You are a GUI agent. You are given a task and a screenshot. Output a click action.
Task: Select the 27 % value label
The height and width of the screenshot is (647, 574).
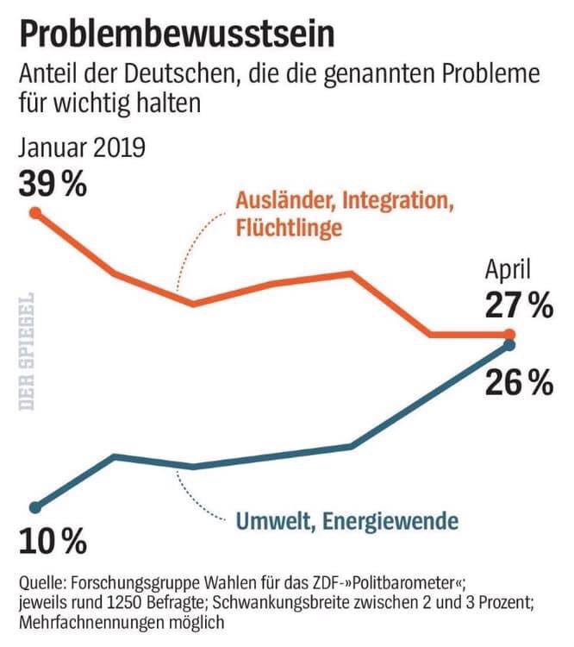coord(517,305)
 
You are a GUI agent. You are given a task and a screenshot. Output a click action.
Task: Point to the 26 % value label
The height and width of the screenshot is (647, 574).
coord(517,382)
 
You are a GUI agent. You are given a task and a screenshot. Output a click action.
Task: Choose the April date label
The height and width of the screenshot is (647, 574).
coord(508,271)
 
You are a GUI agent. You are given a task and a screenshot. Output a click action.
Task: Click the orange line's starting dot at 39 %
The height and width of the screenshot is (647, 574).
coord(35,211)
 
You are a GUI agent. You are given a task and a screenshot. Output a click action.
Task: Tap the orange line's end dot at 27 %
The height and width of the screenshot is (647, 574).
coord(508,335)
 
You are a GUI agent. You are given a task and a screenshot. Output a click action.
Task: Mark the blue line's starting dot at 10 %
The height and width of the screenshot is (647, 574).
coord(35,507)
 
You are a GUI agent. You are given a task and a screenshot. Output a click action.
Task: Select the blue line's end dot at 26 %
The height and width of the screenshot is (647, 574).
coord(508,346)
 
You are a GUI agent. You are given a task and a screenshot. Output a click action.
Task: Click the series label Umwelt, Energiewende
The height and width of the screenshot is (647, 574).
coord(347,521)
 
